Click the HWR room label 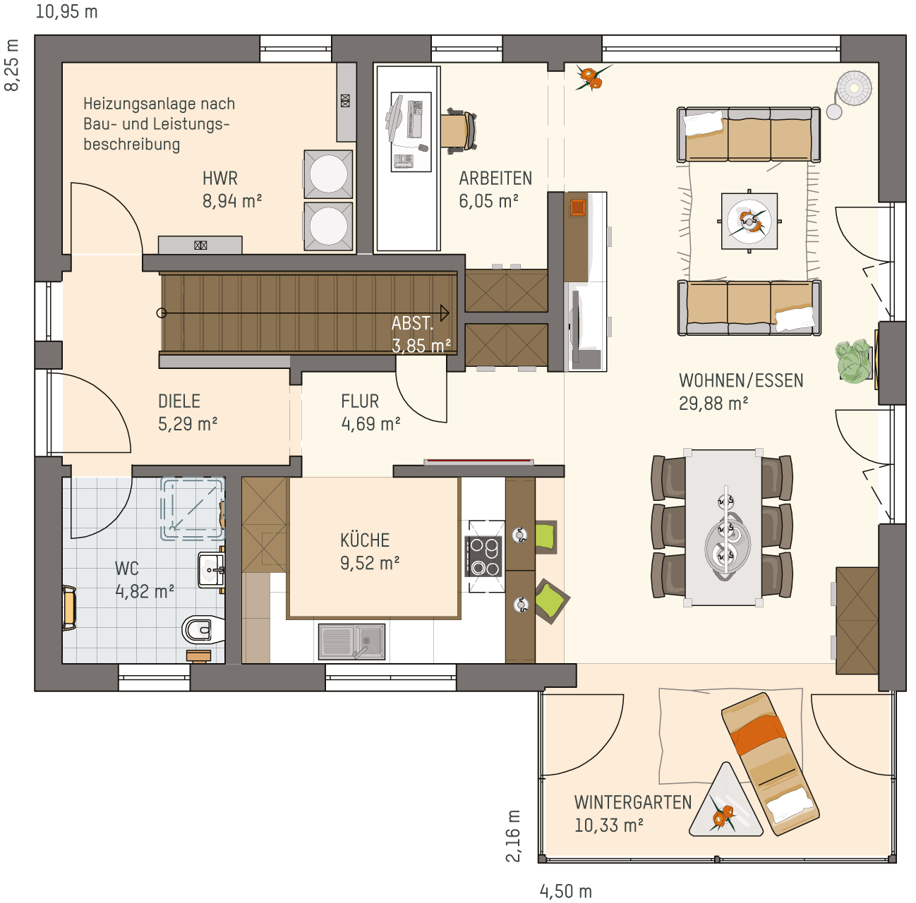(219, 178)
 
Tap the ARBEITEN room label (495, 178)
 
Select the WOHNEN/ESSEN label (741, 381)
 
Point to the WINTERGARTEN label (633, 803)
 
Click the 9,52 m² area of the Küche (369, 563)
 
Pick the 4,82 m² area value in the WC (145, 591)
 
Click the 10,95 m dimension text (66, 12)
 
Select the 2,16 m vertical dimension (513, 836)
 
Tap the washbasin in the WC (211, 570)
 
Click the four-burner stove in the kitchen (483, 557)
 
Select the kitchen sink (351, 641)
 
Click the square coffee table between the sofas (749, 221)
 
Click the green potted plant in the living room (854, 361)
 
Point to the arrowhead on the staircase (445, 313)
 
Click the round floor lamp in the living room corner (854, 88)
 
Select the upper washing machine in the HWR (328, 174)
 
